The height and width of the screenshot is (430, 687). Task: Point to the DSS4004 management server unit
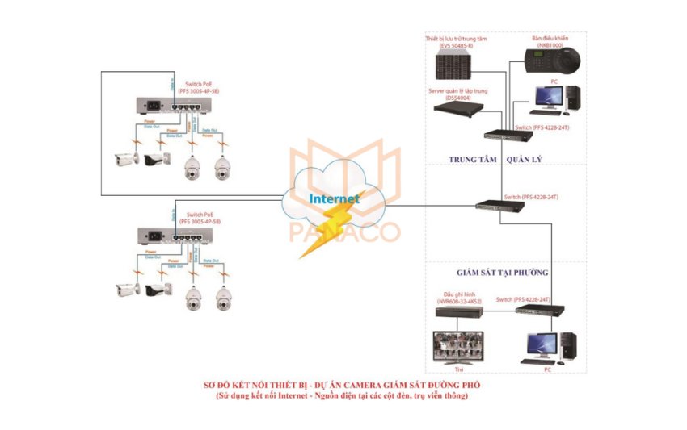[457, 106]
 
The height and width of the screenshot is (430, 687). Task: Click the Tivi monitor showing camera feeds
[459, 344]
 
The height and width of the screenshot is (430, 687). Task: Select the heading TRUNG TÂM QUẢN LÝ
[495, 160]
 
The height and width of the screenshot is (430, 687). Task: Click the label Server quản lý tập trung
[457, 91]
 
